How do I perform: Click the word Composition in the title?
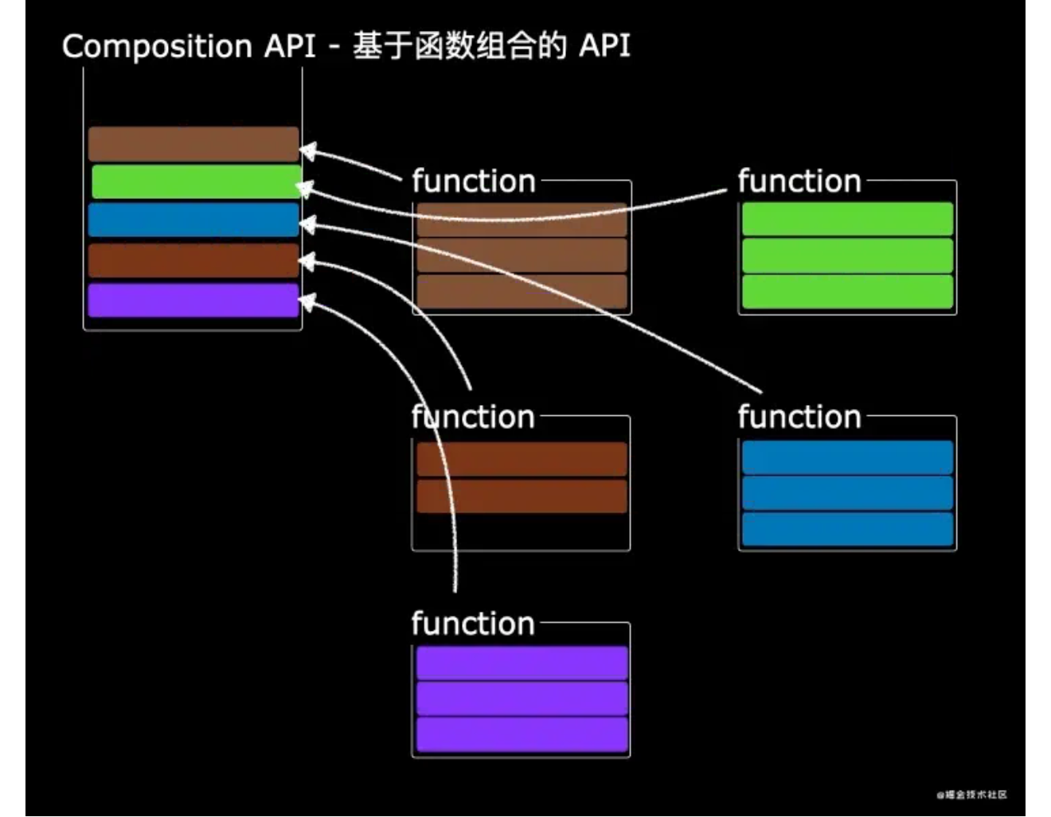pos(157,47)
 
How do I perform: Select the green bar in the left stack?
pos(196,182)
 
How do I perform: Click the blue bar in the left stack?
pos(193,220)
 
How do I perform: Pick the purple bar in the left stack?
pos(193,301)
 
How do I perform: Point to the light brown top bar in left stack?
pos(193,144)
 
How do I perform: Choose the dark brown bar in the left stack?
pos(193,261)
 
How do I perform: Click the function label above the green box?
pos(799,181)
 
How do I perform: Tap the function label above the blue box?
pos(799,417)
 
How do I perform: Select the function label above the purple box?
pos(473,624)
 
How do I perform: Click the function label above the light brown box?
pos(473,181)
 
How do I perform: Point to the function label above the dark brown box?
pos(473,417)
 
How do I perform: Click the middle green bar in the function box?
pos(847,255)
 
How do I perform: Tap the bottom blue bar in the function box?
pos(847,530)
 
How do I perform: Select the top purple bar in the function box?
pos(522,663)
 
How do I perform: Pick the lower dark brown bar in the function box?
pos(522,496)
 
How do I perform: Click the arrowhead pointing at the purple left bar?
pos(307,302)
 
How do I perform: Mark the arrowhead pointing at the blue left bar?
pos(307,225)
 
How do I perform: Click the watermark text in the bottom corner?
pos(972,795)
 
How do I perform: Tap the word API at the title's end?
pos(604,46)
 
